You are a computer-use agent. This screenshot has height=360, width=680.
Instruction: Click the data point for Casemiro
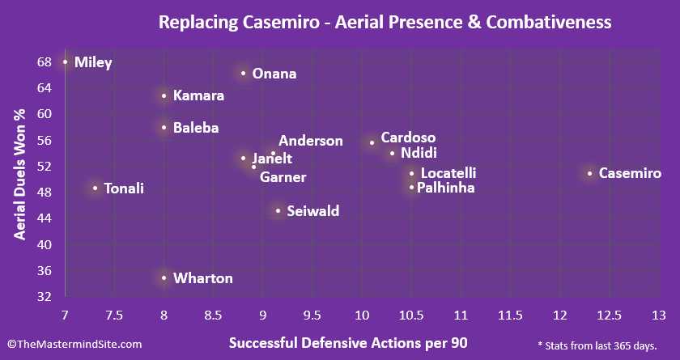click(x=589, y=173)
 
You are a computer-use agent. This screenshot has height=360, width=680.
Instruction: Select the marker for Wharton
click(x=164, y=278)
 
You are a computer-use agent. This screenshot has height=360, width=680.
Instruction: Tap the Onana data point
click(x=243, y=74)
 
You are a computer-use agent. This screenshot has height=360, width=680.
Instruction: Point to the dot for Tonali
click(x=95, y=188)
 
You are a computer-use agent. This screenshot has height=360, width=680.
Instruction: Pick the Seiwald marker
click(x=278, y=211)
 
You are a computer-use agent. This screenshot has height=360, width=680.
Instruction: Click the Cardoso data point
click(x=372, y=142)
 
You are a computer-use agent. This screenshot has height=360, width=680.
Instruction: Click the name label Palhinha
click(x=446, y=188)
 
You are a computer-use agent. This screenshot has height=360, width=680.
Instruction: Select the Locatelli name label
click(x=448, y=173)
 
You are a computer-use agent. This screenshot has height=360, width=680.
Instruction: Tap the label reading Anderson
click(x=311, y=141)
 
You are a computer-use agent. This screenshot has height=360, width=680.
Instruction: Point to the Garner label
click(x=283, y=177)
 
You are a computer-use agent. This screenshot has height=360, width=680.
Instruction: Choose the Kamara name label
click(x=198, y=95)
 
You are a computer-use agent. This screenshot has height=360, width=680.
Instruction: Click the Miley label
click(x=93, y=62)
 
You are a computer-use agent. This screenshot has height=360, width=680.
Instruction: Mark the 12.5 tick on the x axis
click(x=609, y=315)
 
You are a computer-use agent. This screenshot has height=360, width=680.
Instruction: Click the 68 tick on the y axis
click(x=44, y=61)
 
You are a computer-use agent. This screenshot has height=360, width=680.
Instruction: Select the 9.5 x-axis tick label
click(x=362, y=315)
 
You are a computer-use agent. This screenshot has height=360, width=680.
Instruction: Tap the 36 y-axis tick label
click(x=44, y=270)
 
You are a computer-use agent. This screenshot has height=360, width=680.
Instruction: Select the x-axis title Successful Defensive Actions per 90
click(x=348, y=342)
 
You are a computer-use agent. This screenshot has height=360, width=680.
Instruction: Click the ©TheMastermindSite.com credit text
click(x=74, y=345)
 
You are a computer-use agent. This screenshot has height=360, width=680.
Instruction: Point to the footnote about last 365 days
click(x=597, y=345)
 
